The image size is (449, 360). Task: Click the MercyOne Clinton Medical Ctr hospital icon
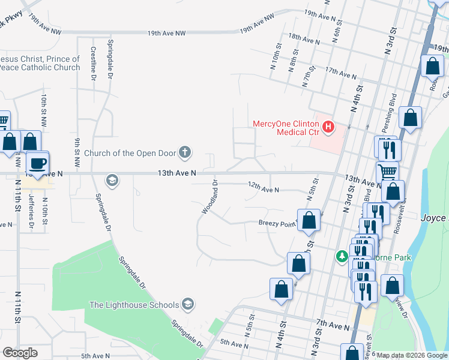coord(328,127)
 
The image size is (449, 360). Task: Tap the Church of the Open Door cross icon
coord(185,153)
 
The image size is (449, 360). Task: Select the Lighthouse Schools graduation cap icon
coord(188,304)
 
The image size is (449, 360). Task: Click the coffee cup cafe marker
coord(38,163)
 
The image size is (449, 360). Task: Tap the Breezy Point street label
coord(277,223)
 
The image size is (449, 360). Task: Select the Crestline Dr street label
coord(94,64)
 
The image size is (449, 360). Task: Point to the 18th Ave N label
coord(304,40)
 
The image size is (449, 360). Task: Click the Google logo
coord(20,353)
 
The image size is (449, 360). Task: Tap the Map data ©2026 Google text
coord(412,355)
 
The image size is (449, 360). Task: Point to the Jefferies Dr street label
coord(29,208)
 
